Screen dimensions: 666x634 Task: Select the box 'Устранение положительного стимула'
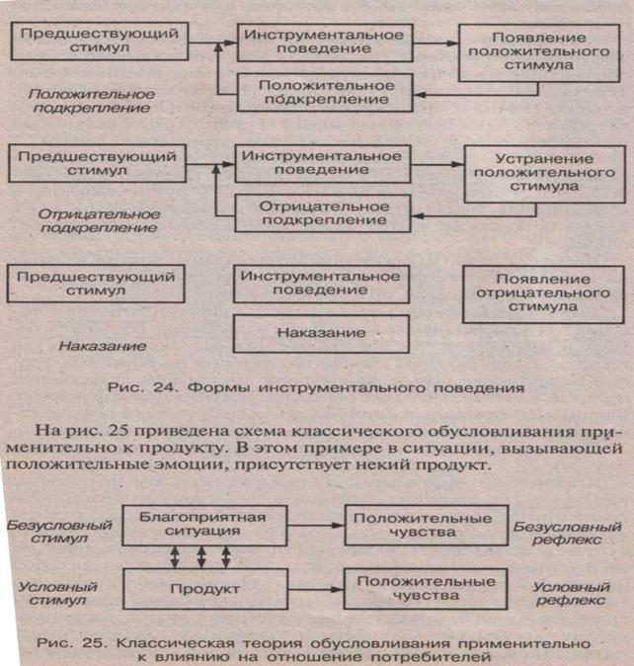pyautogui.click(x=544, y=175)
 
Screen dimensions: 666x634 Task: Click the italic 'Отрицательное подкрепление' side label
pyautogui.click(x=95, y=220)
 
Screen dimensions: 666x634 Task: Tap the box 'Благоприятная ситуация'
pyautogui.click(x=203, y=525)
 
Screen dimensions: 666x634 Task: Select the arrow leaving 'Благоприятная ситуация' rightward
pyautogui.click(x=316, y=524)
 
